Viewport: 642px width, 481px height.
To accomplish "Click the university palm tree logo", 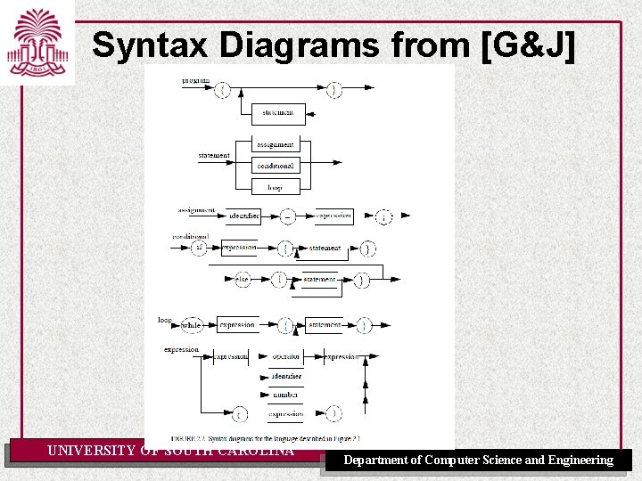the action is [35, 41].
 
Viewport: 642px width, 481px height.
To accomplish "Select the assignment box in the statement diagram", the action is [275, 145].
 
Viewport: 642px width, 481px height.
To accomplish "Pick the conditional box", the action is [275, 166].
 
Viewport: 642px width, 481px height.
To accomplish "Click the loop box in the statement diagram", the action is [275, 187].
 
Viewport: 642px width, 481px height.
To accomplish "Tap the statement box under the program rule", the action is [278, 113].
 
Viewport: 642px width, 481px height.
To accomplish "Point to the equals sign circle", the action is [288, 216].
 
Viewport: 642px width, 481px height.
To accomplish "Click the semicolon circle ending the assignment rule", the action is [383, 216].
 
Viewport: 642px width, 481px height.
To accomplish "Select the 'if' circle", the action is [199, 248].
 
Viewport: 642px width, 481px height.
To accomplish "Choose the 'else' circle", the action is [243, 280].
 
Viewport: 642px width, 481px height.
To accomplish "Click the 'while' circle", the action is [191, 326].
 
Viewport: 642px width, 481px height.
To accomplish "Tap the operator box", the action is [286, 356].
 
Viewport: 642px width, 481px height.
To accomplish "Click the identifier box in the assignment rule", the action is [243, 216].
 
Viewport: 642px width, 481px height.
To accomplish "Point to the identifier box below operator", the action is [286, 376].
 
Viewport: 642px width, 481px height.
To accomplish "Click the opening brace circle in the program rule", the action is [224, 89].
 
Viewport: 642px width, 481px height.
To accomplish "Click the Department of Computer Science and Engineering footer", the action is [479, 461].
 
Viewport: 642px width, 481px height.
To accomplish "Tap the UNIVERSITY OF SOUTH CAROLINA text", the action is [170, 451].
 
